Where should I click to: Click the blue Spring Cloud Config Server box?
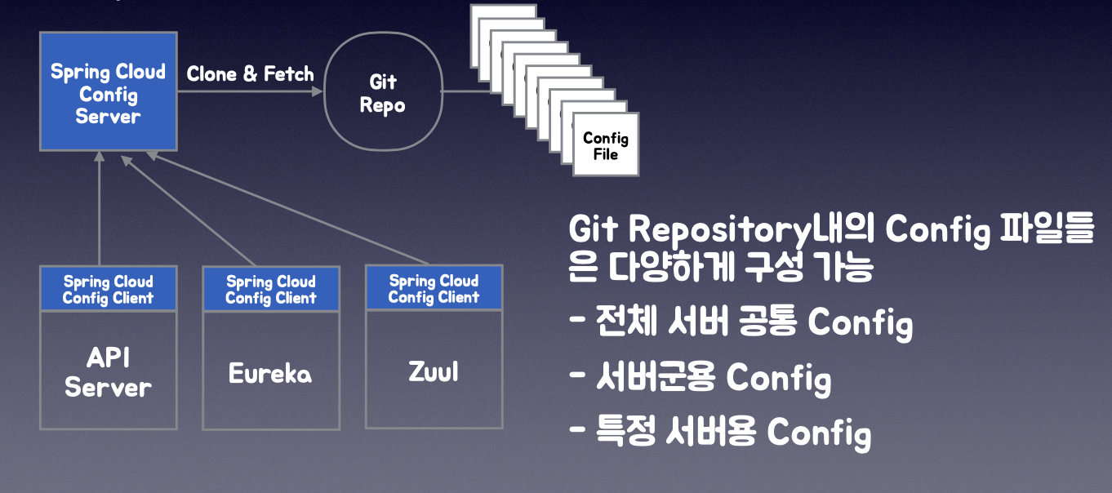tap(109, 91)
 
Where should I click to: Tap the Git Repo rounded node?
tap(382, 93)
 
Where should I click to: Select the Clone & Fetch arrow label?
tap(250, 74)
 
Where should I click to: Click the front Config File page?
tap(606, 145)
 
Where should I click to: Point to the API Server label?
tap(108, 372)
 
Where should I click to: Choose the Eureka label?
tap(270, 374)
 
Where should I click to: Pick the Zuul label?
tap(433, 372)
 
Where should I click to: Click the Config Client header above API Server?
tap(108, 290)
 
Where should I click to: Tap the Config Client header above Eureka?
tap(270, 290)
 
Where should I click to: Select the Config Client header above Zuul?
tap(434, 289)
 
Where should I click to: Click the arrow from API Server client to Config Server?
tap(99, 212)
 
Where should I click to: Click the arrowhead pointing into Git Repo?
tap(317, 91)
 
